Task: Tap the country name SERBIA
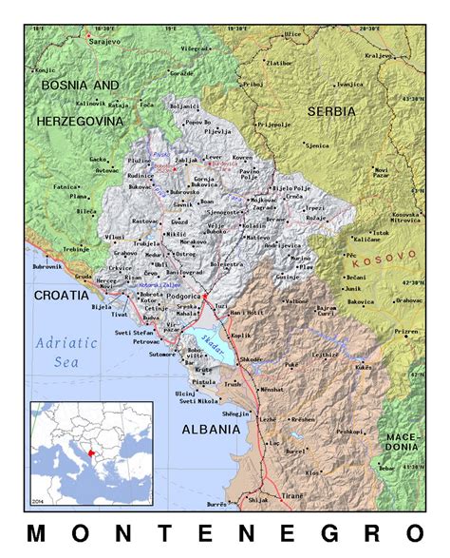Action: pos(331,111)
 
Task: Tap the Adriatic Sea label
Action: pos(66,352)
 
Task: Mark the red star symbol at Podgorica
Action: pos(204,297)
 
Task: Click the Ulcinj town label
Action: pos(185,393)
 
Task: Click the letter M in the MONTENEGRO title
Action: pos(35,532)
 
